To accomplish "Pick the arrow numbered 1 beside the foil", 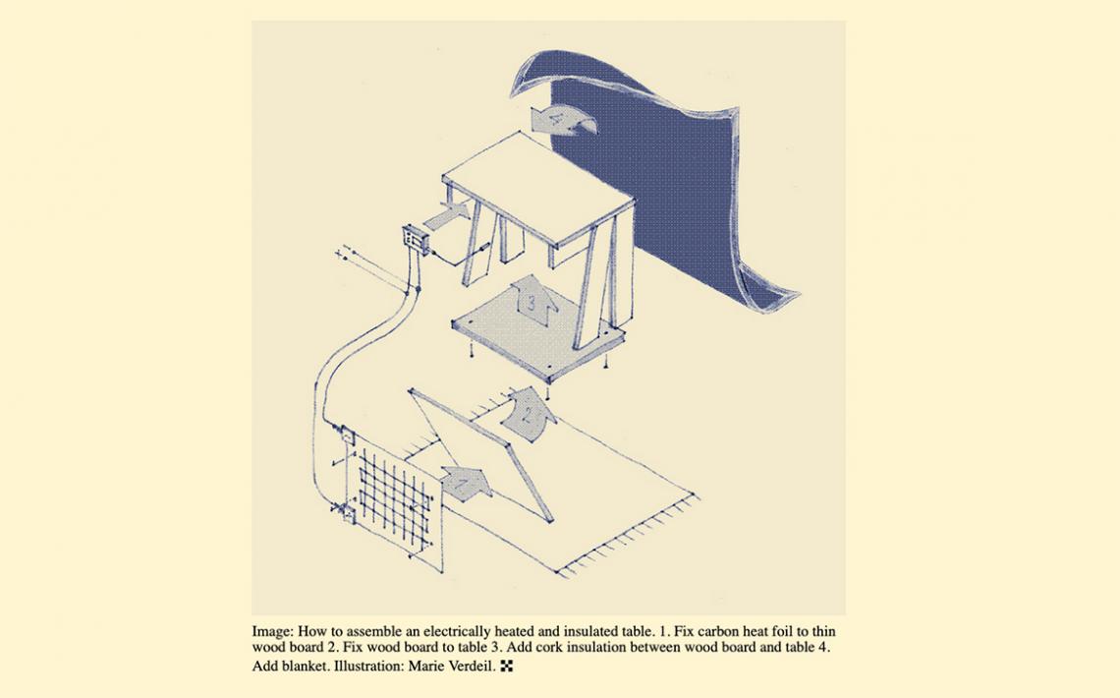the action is (x=466, y=483).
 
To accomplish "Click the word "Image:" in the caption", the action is (x=272, y=632).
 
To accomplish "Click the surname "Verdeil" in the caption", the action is (x=471, y=667).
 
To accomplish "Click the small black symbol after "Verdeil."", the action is (x=507, y=667).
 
